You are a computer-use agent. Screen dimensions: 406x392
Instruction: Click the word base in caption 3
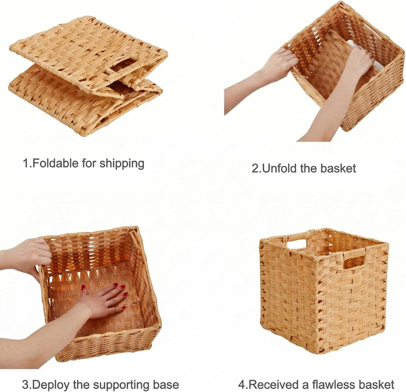[166, 385]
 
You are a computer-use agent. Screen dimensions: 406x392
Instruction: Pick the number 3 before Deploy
[25, 385]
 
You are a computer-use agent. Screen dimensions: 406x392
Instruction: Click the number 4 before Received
[242, 384]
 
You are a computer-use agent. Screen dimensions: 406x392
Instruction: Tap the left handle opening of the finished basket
[297, 245]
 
